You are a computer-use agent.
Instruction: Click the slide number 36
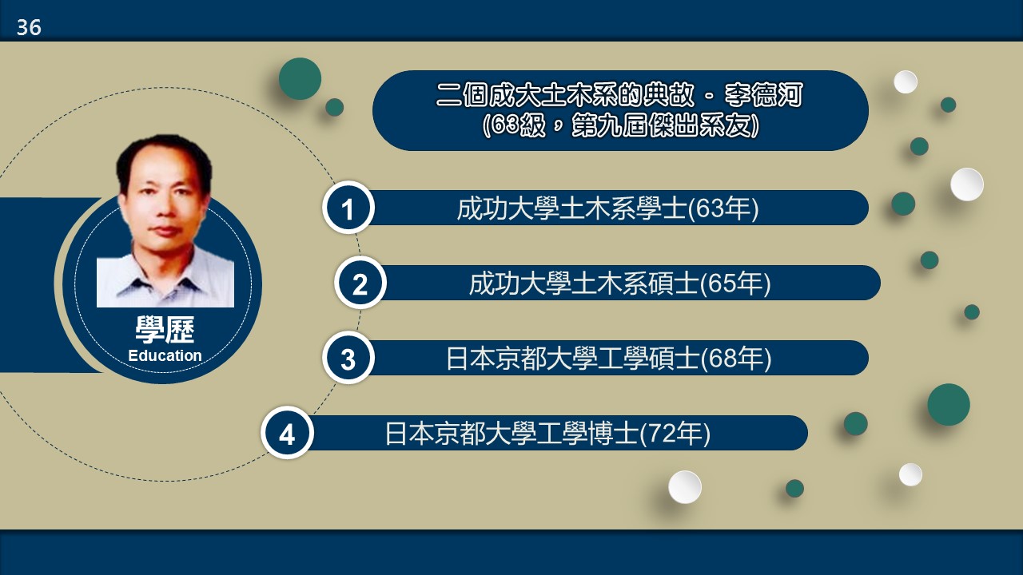[29, 27]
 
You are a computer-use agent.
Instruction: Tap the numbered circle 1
[348, 208]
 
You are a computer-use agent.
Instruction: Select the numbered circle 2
[360, 283]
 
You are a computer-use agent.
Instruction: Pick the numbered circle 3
[348, 359]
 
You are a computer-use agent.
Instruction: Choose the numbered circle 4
[287, 433]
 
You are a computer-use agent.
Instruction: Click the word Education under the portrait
[165, 355]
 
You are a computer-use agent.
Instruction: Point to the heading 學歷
[165, 330]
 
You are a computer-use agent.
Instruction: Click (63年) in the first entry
[723, 208]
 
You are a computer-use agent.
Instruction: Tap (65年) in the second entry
[735, 284]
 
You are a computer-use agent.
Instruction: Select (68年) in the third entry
[736, 359]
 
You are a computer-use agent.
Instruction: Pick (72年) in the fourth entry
[675, 434]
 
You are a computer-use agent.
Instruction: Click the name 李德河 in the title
[763, 95]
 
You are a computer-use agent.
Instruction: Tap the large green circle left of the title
[300, 78]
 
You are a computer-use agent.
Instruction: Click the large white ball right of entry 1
[967, 184]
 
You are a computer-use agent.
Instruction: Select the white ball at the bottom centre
[685, 487]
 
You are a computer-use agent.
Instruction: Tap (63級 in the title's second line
[514, 125]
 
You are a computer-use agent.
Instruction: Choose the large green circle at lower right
[949, 405]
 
